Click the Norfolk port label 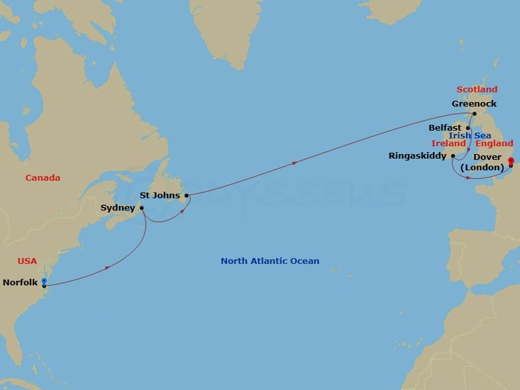pyautogui.click(x=20, y=282)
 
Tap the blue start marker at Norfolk pyautogui.click(x=44, y=281)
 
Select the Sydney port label pyautogui.click(x=118, y=208)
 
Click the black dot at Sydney pyautogui.click(x=142, y=208)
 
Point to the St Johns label pyautogui.click(x=159, y=195)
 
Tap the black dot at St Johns pyautogui.click(x=186, y=195)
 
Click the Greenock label pyautogui.click(x=474, y=103)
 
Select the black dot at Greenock pyautogui.click(x=474, y=114)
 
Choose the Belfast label pyautogui.click(x=445, y=128)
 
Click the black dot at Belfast pyautogui.click(x=467, y=128)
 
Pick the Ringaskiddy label pyautogui.click(x=417, y=156)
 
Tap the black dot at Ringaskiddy pyautogui.click(x=452, y=156)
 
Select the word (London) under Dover pyautogui.click(x=482, y=168)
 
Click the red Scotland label pyautogui.click(x=476, y=90)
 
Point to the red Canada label pyautogui.click(x=43, y=177)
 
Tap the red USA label pyautogui.click(x=27, y=261)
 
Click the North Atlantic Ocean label pyautogui.click(x=270, y=261)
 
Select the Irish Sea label pyautogui.click(x=470, y=135)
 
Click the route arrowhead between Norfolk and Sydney pyautogui.click(x=107, y=266)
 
